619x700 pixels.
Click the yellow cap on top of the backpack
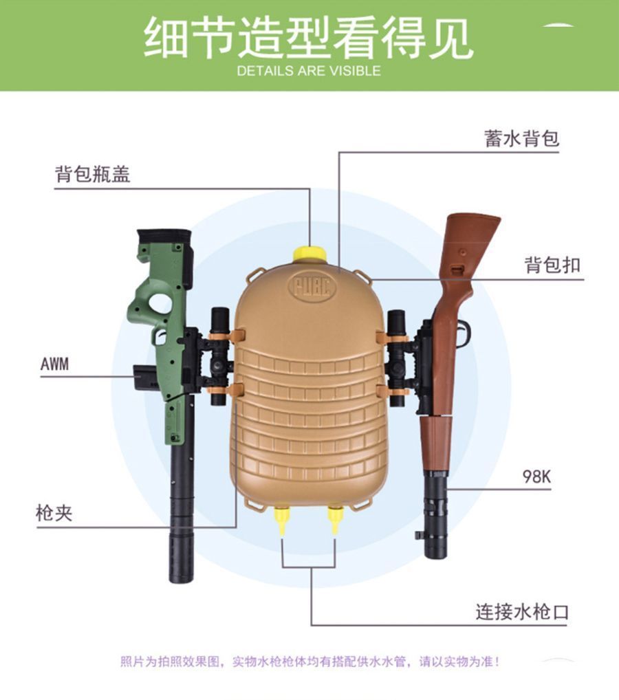309,254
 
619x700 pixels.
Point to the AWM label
54,364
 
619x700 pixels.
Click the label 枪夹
54,512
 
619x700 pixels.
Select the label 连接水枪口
523,611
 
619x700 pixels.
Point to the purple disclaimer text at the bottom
309,661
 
